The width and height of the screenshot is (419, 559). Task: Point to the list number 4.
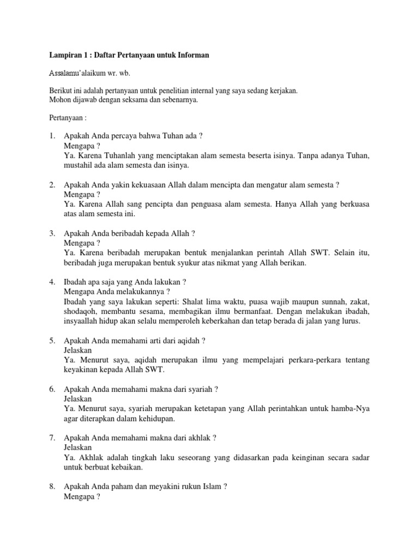(x=51, y=282)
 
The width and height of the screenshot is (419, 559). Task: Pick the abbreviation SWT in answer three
(x=331, y=253)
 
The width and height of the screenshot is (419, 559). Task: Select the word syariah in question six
(x=200, y=389)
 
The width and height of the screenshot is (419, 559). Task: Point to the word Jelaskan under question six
(x=78, y=399)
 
